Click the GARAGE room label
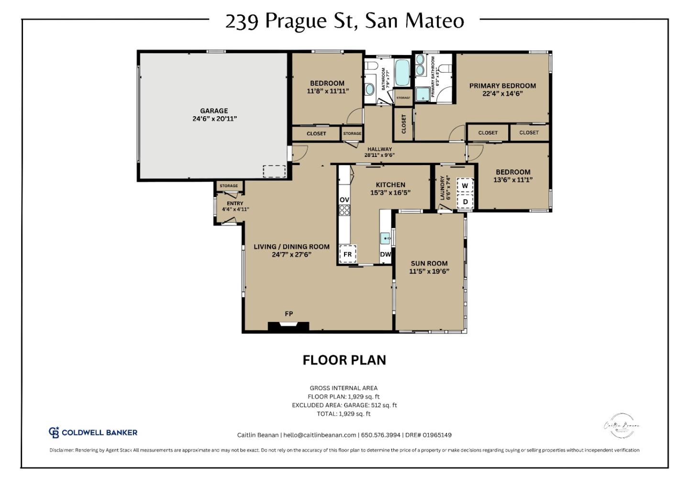214,111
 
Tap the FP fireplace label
289,314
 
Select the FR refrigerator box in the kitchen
347,254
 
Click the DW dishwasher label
386,255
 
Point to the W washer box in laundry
465,186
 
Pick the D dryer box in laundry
465,202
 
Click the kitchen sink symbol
386,237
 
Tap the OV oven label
344,199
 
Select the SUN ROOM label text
429,263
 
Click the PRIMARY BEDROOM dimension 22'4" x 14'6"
502,94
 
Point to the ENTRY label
235,203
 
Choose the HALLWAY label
379,149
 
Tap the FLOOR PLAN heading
344,360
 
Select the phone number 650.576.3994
380,435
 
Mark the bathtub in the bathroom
402,72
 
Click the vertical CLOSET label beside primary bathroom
403,123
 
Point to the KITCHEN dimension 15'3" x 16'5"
390,193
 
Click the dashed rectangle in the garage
274,171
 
